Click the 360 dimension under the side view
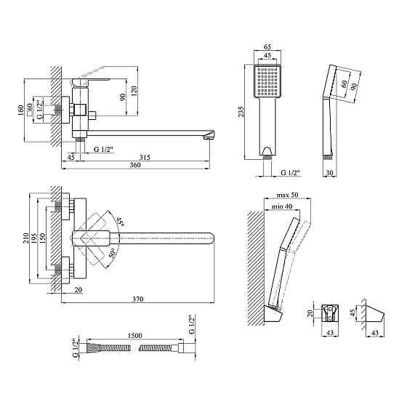click(135, 165)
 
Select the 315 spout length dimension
click(145, 158)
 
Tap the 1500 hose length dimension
click(135, 336)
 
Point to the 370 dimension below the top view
click(138, 299)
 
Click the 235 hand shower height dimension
click(241, 111)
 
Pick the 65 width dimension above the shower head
click(267, 47)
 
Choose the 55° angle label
click(120, 221)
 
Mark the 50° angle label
click(112, 253)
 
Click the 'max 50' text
click(287, 195)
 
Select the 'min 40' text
click(282, 206)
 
